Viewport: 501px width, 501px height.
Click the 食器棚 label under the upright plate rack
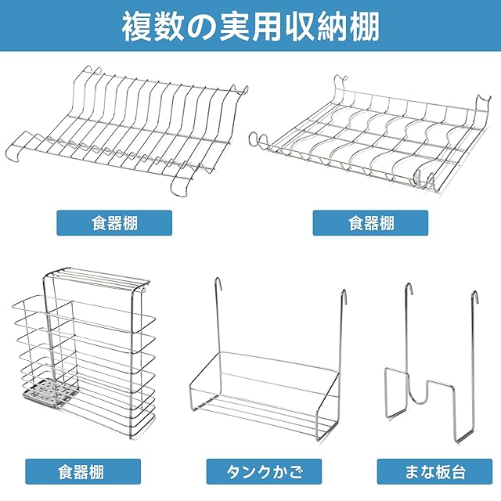coord(114,222)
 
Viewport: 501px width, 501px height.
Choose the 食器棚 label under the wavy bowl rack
coord(370,222)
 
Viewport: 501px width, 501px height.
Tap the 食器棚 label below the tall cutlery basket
coord(81,472)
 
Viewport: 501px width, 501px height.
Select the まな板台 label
coord(432,472)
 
